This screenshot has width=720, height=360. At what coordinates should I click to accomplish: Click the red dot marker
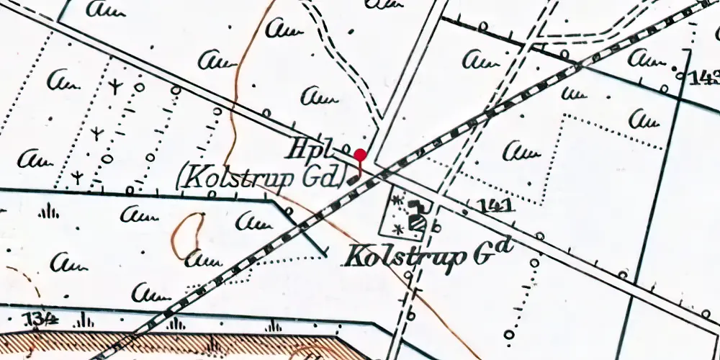tap(361, 155)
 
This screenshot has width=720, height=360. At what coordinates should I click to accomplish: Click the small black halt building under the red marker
tap(353, 180)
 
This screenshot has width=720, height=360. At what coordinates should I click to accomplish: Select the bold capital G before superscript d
tap(485, 253)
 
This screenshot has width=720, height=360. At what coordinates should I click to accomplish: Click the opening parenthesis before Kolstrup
tap(181, 179)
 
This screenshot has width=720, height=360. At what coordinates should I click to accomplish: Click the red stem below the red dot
tap(361, 168)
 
